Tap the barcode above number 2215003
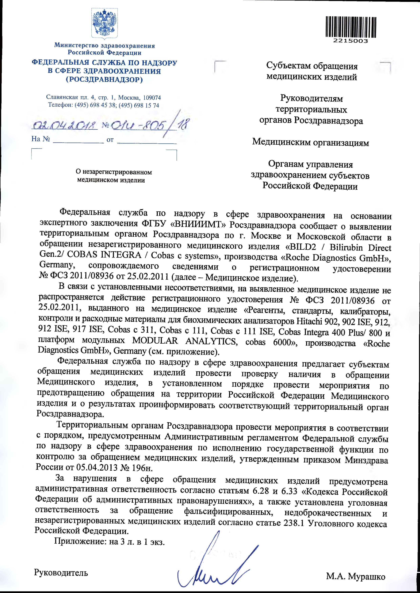[x=350, y=26]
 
